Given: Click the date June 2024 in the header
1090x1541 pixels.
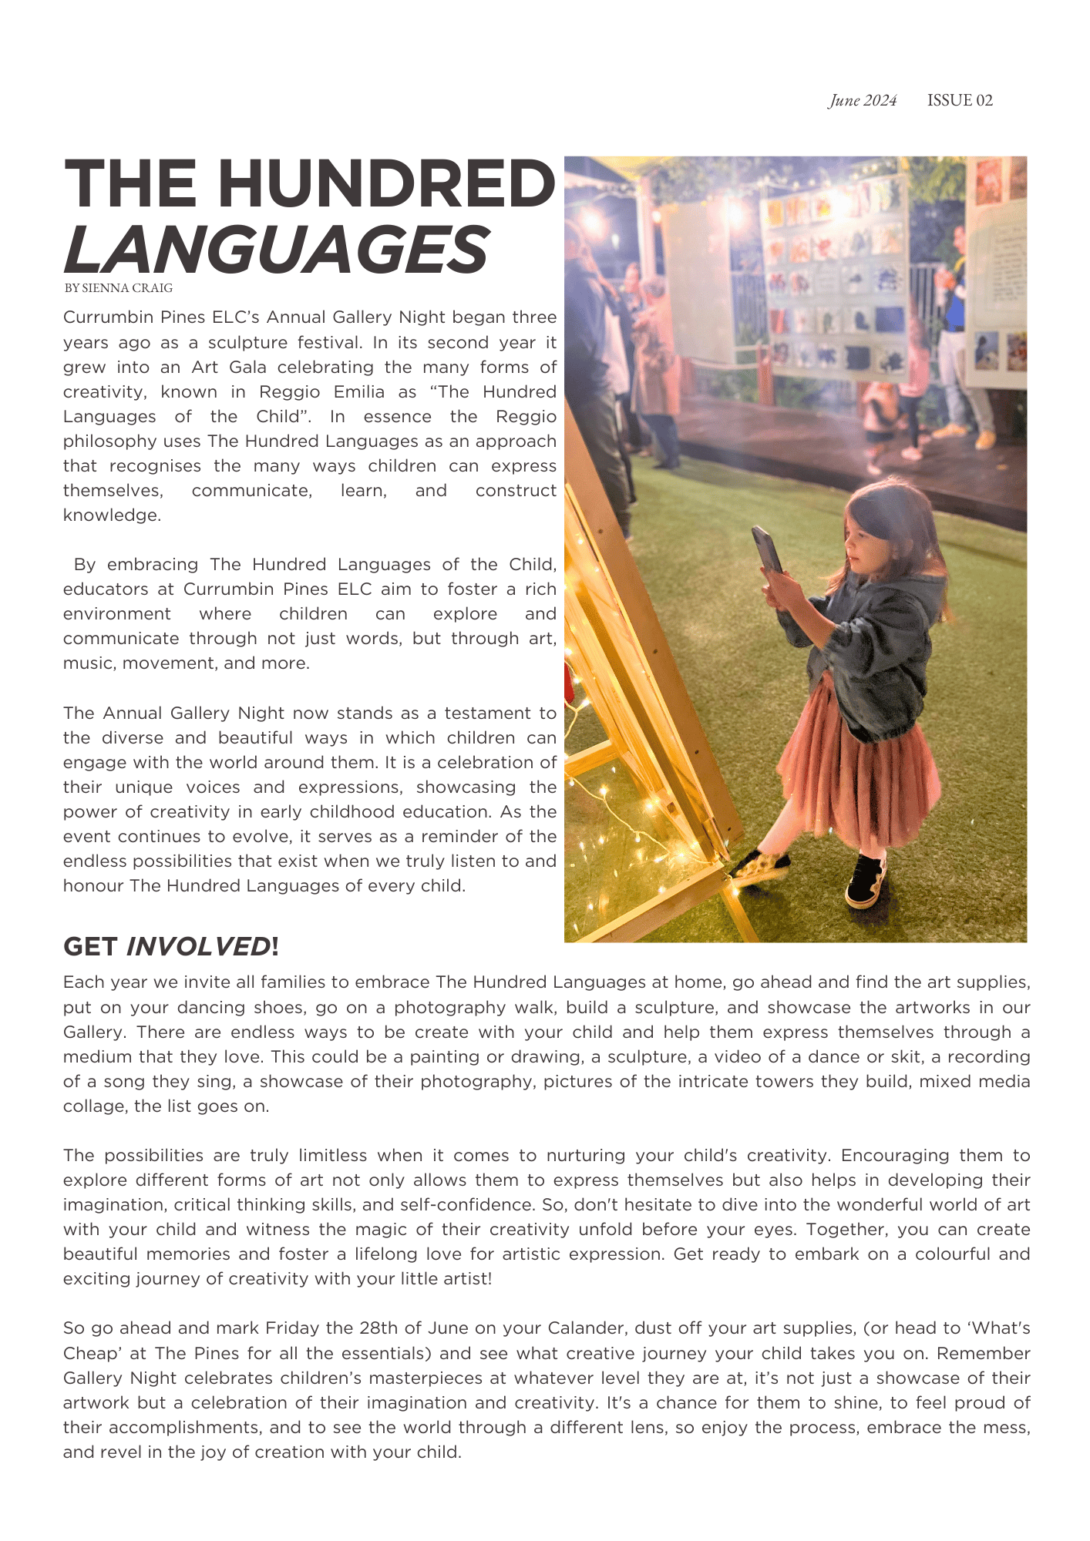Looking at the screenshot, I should (863, 101).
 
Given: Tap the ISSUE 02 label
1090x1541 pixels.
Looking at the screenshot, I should (960, 101).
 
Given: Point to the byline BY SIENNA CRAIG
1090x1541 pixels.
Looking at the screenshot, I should (118, 288).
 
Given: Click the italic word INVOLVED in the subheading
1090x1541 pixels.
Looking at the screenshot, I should (198, 946).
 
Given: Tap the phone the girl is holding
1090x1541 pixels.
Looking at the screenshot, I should (767, 549).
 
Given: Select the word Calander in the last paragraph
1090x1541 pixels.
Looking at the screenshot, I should (584, 1328).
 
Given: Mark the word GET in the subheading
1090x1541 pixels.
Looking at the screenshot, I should (90, 946).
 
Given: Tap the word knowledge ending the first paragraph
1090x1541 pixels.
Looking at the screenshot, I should (112, 515).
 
